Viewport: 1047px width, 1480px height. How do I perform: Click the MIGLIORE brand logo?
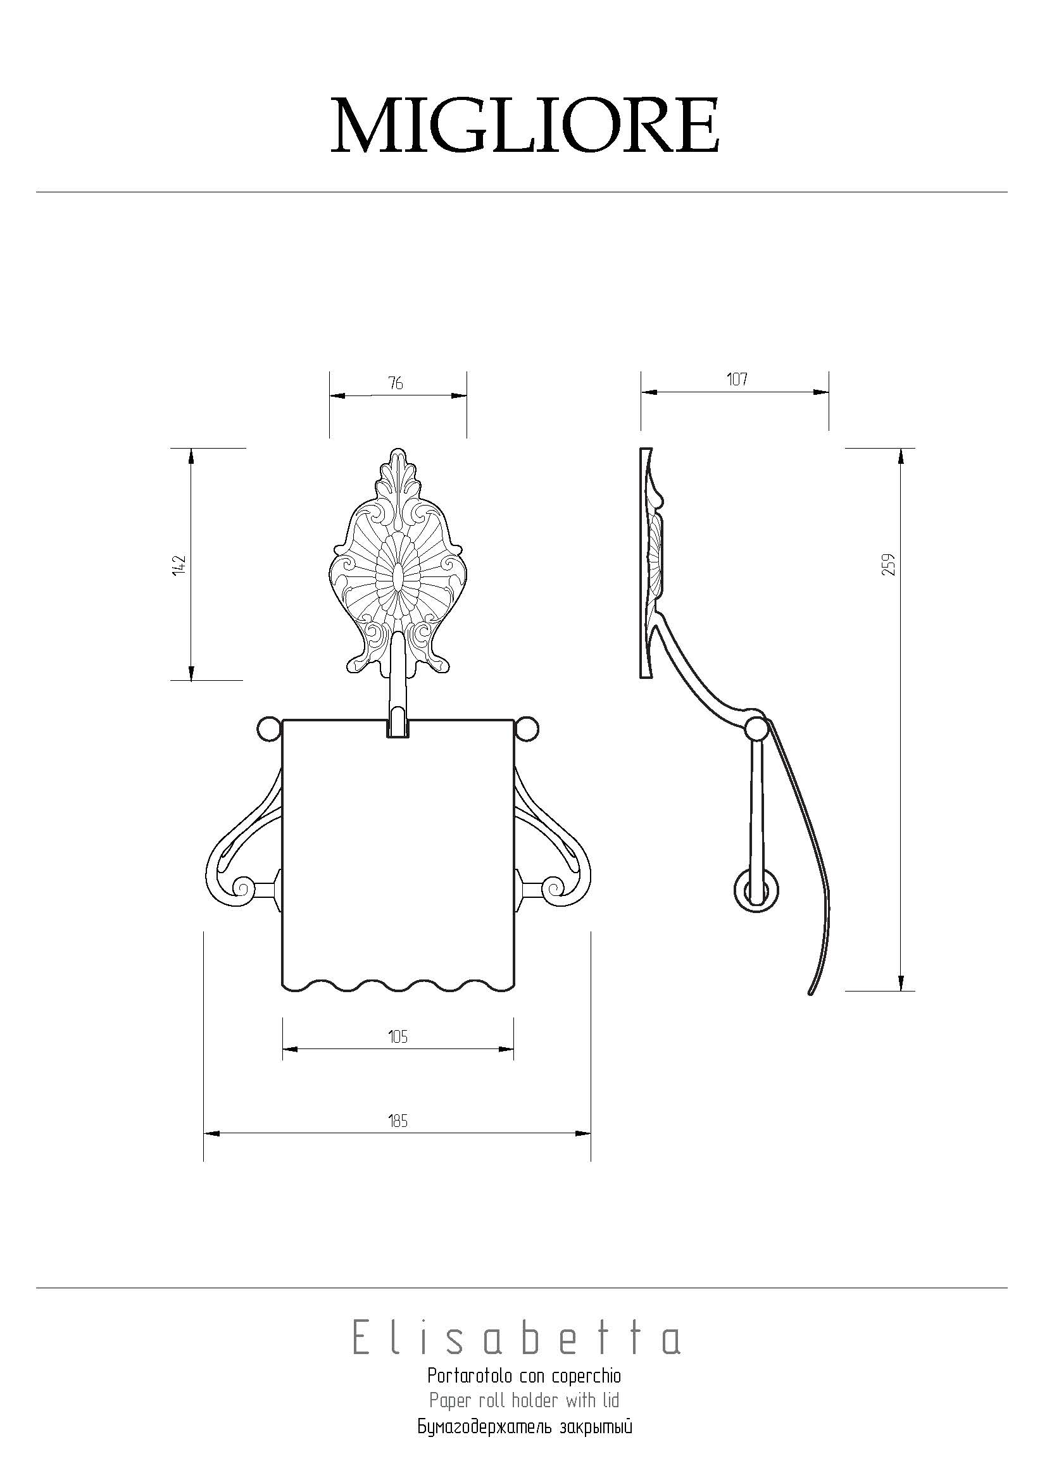point(525,125)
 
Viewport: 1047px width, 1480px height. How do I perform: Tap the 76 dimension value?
point(396,383)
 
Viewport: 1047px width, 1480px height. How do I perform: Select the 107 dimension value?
point(737,379)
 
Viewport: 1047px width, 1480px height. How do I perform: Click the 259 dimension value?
point(889,564)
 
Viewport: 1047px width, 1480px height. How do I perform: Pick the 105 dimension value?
point(398,1036)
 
